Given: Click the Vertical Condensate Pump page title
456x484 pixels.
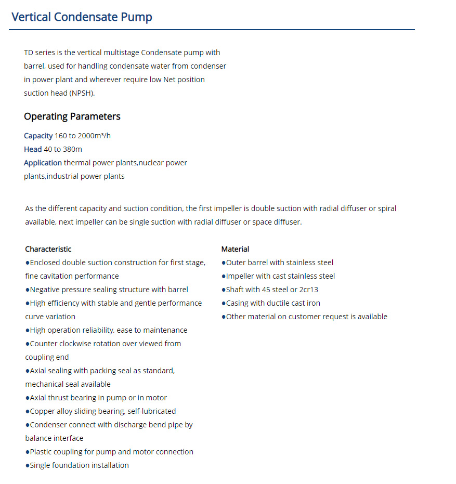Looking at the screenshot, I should tap(82, 17).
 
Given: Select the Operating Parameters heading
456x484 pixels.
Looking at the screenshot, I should tap(72, 116).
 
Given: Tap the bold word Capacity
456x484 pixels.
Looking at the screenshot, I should tap(38, 136).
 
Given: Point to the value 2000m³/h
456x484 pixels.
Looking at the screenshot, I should tap(95, 136).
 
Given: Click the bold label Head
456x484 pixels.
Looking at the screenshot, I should tap(32, 149).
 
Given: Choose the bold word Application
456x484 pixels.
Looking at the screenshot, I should tap(43, 163).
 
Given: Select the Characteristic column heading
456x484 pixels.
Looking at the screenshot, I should tap(48, 249).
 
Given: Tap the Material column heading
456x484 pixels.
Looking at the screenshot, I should tap(235, 249).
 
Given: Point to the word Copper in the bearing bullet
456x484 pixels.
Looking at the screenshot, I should tap(43, 411).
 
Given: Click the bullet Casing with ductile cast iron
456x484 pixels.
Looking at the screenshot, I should tap(273, 303).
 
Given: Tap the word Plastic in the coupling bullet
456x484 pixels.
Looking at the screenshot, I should tap(42, 452).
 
